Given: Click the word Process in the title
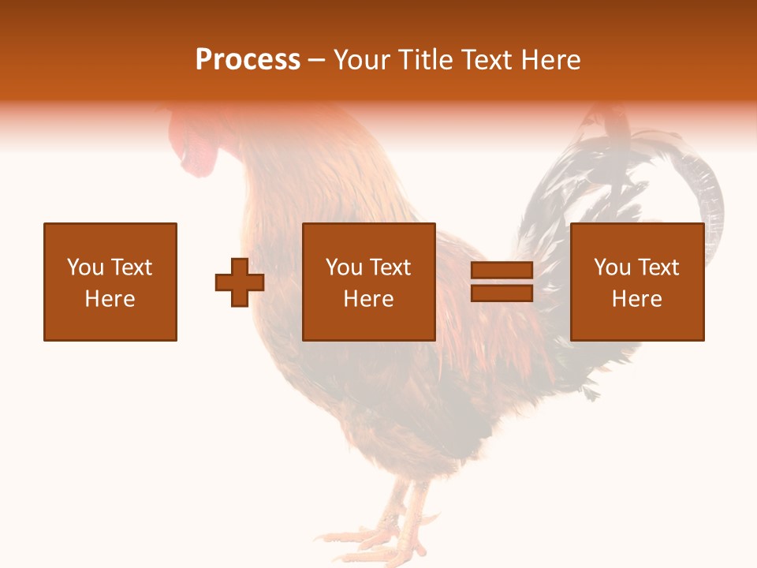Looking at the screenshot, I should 248,60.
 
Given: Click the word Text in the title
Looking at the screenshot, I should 484,60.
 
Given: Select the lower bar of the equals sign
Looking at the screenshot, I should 502,293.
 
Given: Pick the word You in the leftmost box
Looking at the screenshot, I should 84,267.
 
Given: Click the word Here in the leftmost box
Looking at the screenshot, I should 110,299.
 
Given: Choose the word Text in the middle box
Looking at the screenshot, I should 390,267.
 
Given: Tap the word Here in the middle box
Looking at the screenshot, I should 369,299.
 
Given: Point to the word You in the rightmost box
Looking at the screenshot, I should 611,267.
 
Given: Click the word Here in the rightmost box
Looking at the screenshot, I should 637,299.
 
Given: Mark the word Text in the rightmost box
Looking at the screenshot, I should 658,267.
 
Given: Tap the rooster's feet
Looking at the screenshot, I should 394,536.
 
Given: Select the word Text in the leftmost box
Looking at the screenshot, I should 131,267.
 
